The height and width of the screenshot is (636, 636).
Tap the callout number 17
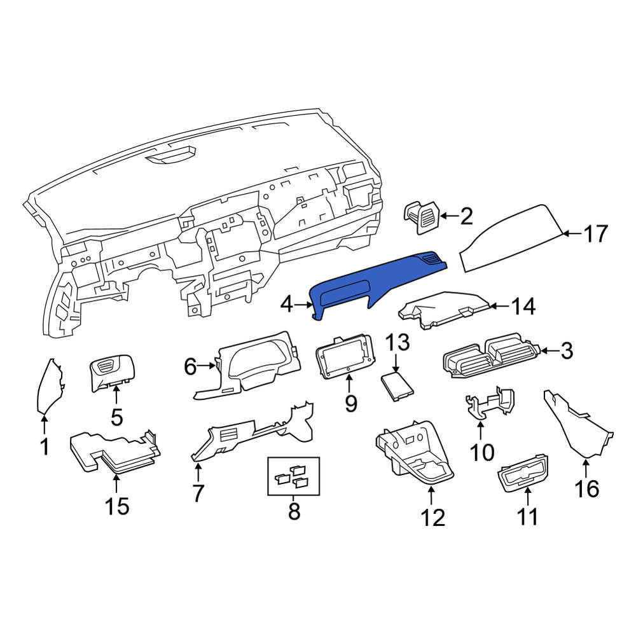click(596, 233)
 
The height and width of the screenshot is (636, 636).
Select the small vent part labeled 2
click(421, 217)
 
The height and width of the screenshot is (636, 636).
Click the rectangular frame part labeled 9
click(344, 356)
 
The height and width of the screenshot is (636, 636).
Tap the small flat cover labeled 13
click(397, 386)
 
